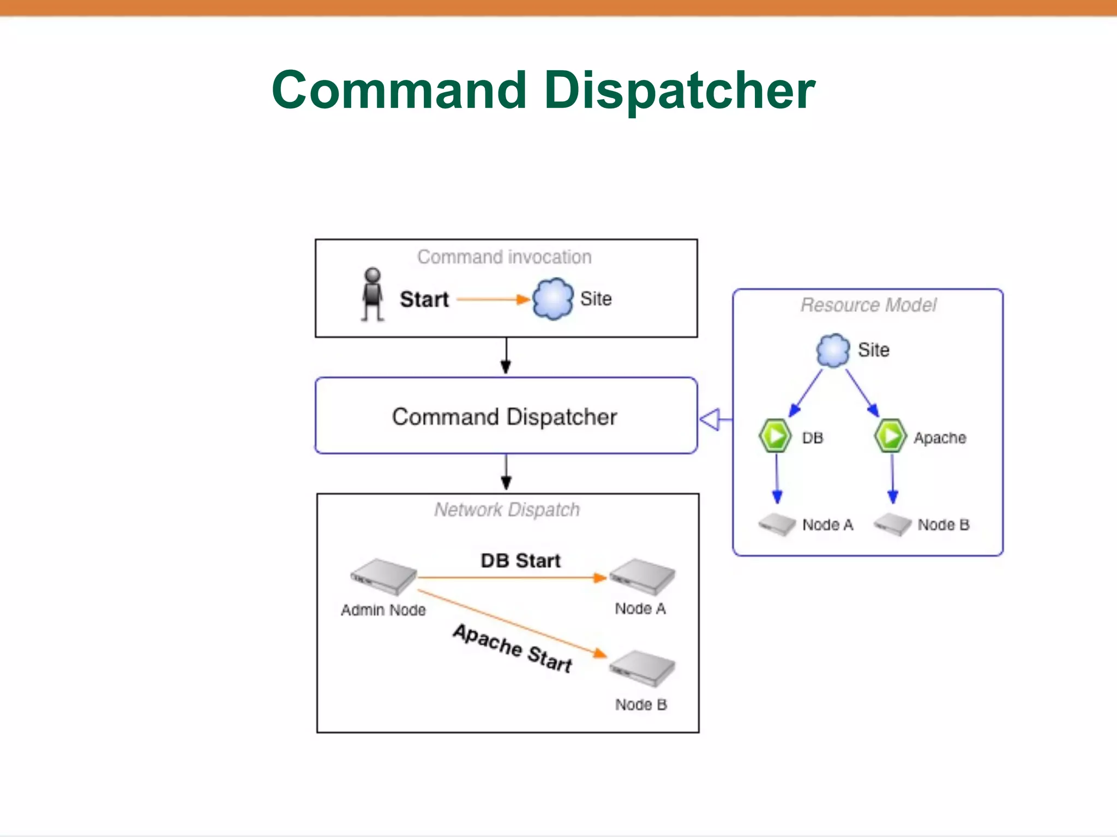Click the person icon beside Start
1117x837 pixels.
(373, 294)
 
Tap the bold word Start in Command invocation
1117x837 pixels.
(424, 299)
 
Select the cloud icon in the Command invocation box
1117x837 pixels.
(553, 299)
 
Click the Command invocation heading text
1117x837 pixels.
(505, 257)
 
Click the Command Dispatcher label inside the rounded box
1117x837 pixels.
(505, 417)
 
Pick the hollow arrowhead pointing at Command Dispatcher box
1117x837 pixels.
(710, 420)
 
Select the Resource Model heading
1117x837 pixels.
(868, 305)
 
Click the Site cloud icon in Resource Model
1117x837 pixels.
(833, 350)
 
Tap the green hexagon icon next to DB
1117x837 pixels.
(775, 436)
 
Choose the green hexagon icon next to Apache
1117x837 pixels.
(890, 436)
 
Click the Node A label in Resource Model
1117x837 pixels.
(827, 525)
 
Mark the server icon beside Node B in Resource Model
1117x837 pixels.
(892, 524)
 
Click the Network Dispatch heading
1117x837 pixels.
(507, 510)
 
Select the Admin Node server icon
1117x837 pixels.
(383, 577)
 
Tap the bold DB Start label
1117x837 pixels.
(520, 561)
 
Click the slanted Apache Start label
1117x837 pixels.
(513, 648)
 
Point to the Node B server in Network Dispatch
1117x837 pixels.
(642, 669)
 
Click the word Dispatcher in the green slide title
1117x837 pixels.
(679, 90)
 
